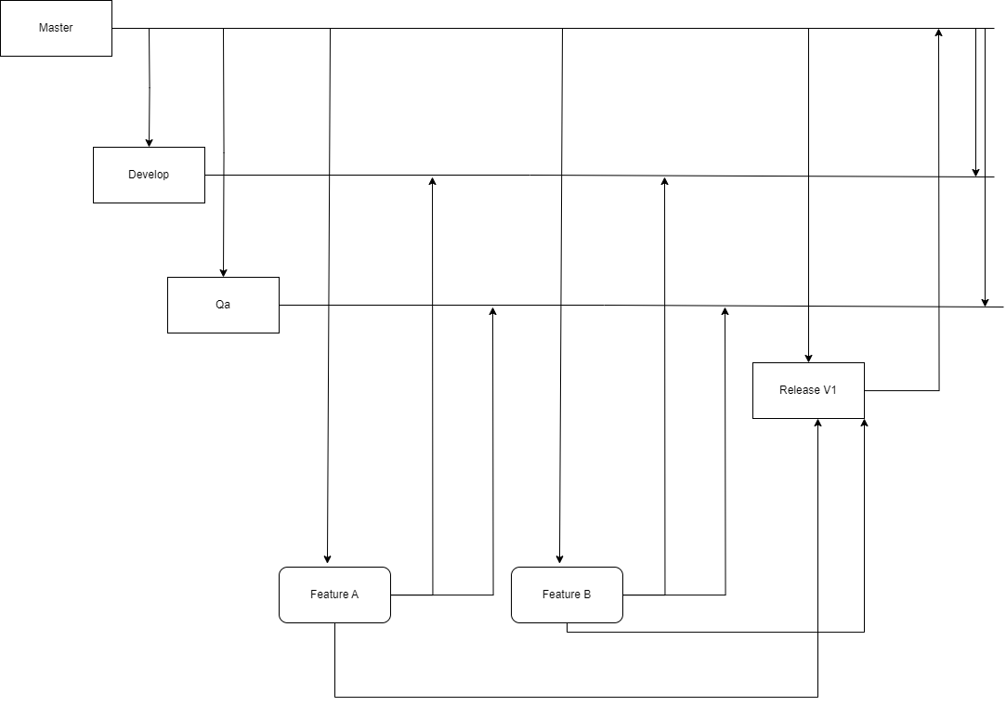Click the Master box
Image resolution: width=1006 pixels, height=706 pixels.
(56, 28)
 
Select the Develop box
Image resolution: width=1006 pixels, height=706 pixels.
(149, 175)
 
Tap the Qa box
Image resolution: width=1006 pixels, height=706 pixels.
(223, 305)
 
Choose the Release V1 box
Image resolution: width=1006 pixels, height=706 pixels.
(808, 390)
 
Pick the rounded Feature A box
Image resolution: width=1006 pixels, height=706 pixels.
(334, 595)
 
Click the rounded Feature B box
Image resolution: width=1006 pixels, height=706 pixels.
(567, 595)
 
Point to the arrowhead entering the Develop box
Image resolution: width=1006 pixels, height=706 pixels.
(149, 141)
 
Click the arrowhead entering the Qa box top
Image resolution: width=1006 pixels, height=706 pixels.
(223, 271)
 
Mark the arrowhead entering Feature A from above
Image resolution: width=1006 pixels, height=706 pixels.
(327, 559)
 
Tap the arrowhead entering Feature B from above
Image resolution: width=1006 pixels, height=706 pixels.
(559, 559)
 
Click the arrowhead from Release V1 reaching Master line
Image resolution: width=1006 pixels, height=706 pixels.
(938, 33)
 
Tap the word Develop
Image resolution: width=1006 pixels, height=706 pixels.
(149, 175)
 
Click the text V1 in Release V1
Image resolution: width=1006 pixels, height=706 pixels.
(829, 390)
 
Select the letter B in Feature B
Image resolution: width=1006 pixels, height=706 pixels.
(586, 595)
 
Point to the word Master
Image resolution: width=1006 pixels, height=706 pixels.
(56, 28)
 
